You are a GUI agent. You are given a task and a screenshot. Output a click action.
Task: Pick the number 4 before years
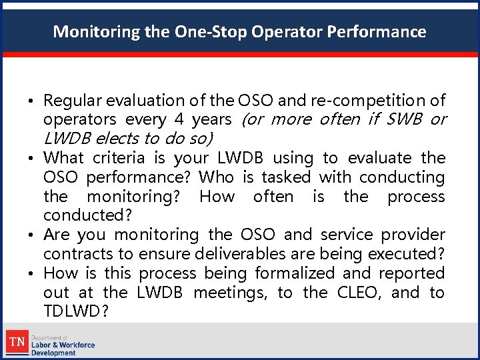(178, 120)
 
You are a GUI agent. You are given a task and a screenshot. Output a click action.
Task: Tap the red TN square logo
(16, 343)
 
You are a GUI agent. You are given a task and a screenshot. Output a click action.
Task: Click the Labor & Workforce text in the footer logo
(63, 345)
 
